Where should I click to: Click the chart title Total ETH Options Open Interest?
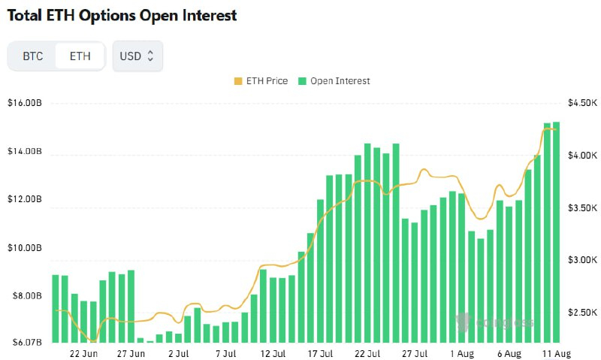coord(120,16)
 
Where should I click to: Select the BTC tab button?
coord(33,56)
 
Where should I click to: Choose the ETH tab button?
coord(80,56)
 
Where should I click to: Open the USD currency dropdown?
coord(137,56)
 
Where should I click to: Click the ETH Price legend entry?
coord(261,80)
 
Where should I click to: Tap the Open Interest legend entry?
coord(334,80)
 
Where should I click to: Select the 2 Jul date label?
coord(178,353)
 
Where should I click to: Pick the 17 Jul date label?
coord(320,353)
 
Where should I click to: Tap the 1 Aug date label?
coord(462,353)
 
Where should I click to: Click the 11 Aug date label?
coord(556,353)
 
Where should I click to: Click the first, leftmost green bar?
coord(55,308)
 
